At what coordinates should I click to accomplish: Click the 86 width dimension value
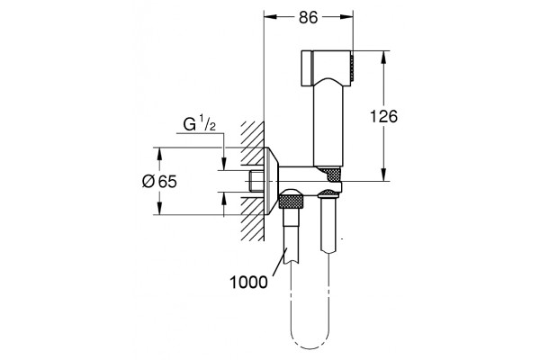click(308, 17)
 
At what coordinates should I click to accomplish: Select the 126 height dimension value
click(383, 116)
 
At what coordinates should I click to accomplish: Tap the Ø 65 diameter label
click(159, 181)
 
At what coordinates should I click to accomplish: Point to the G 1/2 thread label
click(200, 125)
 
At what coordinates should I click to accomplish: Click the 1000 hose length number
click(248, 283)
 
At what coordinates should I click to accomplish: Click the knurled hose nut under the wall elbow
click(291, 200)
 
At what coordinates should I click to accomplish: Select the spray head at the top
click(328, 68)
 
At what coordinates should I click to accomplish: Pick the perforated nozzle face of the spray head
click(352, 68)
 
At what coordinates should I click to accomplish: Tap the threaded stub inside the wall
click(256, 181)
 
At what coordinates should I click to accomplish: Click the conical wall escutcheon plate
click(272, 181)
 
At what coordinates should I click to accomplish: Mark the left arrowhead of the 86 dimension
click(270, 17)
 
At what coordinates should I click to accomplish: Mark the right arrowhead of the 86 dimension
click(346, 17)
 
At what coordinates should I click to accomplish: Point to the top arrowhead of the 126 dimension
click(383, 58)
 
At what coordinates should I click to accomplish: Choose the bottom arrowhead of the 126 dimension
click(383, 175)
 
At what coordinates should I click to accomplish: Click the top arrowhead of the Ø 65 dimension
click(159, 154)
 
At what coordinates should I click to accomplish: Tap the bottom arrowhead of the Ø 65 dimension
click(159, 209)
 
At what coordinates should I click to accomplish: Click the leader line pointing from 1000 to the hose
click(280, 263)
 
